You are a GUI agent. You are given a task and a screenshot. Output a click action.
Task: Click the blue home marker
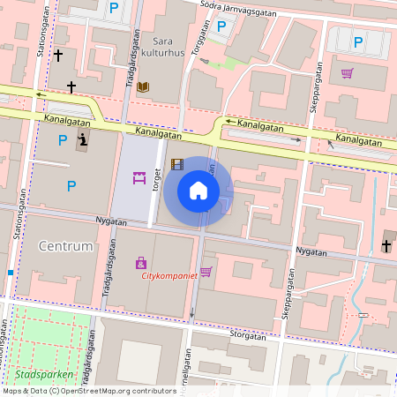(198, 191)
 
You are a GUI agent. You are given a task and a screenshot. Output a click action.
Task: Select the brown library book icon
(143, 86)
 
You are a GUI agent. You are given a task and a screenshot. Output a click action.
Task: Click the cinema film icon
(177, 163)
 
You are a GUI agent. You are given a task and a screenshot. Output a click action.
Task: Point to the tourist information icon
(82, 139)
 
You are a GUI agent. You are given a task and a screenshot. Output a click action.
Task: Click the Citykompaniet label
(170, 275)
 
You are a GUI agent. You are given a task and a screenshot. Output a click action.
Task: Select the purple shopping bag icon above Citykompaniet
(140, 262)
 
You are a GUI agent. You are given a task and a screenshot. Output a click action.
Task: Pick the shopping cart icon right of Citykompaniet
(206, 271)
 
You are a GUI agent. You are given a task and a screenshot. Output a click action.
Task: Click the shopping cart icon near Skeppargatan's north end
(348, 73)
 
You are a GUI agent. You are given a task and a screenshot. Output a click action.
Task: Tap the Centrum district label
(66, 246)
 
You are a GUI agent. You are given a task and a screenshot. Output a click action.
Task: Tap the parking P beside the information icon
(62, 139)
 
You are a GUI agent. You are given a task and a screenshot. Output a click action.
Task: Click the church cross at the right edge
(386, 244)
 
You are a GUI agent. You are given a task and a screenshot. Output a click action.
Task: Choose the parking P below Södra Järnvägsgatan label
(221, 26)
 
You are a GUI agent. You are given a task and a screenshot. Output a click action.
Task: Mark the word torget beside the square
(158, 181)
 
